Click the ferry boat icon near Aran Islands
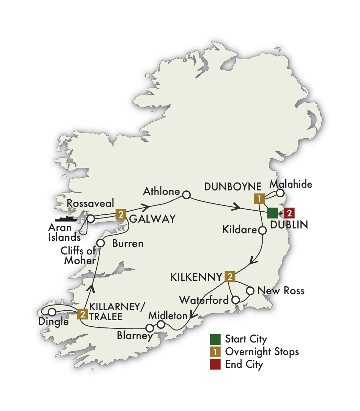66,219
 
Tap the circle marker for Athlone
186,195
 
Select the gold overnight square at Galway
120,214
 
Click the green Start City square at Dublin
272,213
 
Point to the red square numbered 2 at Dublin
289,213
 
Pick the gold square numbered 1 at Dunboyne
259,199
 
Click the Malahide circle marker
280,193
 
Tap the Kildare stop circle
262,231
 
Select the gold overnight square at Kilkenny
229,276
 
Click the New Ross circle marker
251,291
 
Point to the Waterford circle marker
236,300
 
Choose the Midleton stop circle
161,324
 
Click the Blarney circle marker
150,327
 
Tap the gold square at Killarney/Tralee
82,314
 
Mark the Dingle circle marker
52,312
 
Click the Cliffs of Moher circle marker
100,243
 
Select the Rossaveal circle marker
91,218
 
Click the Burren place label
128,244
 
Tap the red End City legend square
215,364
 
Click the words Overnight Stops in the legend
262,352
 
